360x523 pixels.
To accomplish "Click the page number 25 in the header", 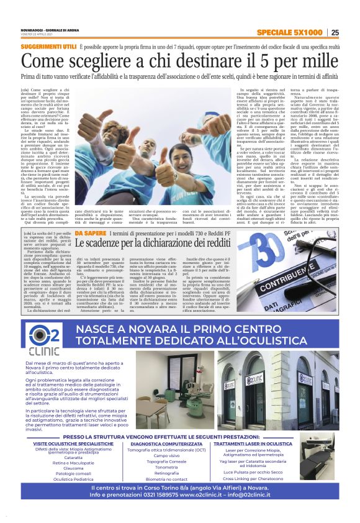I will [x=335, y=33].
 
